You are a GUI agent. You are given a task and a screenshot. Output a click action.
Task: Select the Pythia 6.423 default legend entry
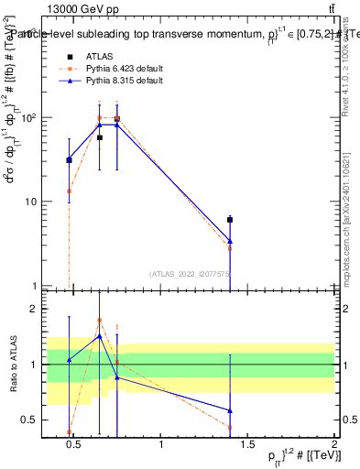coord(125,69)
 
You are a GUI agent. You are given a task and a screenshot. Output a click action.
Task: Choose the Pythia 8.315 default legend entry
coord(125,82)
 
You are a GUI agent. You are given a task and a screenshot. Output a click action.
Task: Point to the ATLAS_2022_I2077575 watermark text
coord(190,273)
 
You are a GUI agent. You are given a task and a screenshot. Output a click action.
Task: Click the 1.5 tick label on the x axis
coord(247,447)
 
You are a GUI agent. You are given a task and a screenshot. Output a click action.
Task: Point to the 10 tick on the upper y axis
coord(33,202)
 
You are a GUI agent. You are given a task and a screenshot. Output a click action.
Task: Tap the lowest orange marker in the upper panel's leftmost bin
coord(69,191)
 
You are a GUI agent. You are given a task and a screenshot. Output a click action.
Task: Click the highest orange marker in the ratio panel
coord(100,321)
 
